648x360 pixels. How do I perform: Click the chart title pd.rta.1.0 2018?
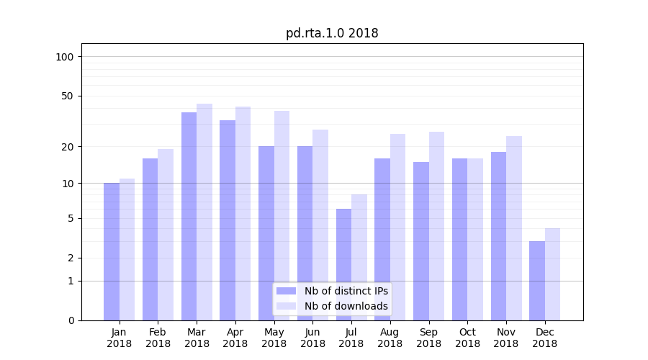(332, 33)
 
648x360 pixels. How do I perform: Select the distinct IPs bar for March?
(189, 216)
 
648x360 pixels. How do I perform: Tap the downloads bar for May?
(282, 216)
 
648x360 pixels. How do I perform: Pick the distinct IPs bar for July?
(343, 264)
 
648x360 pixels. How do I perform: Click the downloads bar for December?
(552, 274)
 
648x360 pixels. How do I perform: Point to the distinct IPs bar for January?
(112, 251)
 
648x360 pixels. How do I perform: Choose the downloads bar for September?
(436, 226)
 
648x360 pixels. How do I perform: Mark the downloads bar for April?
(243, 213)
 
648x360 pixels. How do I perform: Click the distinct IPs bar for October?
(459, 239)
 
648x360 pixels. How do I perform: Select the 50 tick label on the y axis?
(68, 96)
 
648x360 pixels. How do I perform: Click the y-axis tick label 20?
(68, 147)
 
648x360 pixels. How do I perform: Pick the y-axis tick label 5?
(71, 218)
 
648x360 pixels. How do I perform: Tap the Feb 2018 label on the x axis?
(158, 338)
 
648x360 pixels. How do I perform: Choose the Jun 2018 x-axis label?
(312, 338)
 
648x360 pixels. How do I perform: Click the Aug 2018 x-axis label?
(390, 338)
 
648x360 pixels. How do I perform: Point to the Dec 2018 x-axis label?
(544, 338)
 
